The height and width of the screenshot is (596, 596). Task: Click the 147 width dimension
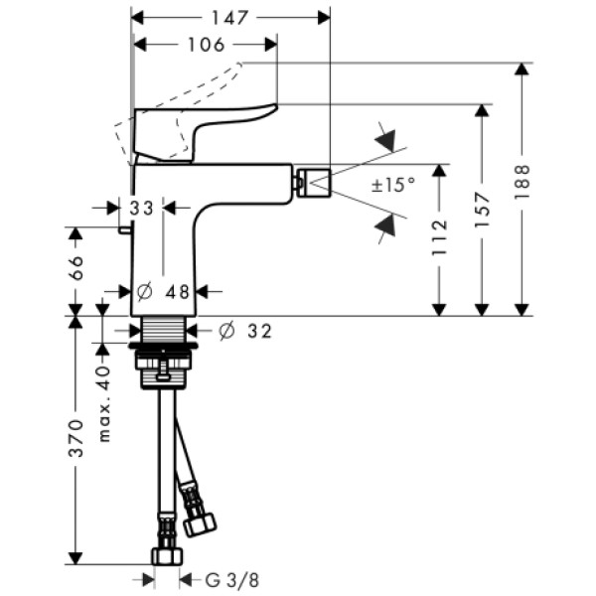pyautogui.click(x=231, y=18)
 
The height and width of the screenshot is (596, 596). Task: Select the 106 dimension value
pyautogui.click(x=205, y=44)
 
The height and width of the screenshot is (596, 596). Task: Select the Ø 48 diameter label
pyautogui.click(x=164, y=291)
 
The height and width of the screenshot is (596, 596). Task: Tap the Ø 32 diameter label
pyautogui.click(x=244, y=330)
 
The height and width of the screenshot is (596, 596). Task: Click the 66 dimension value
pyautogui.click(x=77, y=270)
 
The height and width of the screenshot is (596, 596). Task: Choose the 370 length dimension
pyautogui.click(x=77, y=438)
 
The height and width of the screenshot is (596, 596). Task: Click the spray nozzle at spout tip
pyautogui.click(x=317, y=182)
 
